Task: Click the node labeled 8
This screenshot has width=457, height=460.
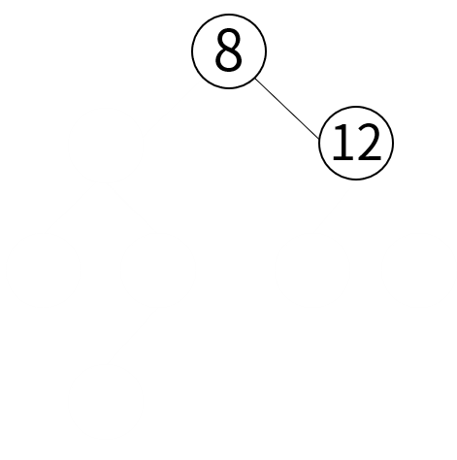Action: pos(229,51)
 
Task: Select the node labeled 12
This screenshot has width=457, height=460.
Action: pos(356,143)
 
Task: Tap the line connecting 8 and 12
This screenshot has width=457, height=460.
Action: pos(287,109)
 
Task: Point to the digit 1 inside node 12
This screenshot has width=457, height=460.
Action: pos(343,143)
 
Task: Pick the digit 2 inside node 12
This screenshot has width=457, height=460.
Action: pos(369,143)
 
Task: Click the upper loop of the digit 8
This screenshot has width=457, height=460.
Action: pos(229,39)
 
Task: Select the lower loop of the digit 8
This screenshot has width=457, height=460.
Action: pos(229,60)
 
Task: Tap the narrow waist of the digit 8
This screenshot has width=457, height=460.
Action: pos(229,49)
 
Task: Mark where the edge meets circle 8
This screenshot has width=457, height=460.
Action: pos(255,79)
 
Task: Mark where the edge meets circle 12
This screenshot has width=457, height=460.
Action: pos(319,139)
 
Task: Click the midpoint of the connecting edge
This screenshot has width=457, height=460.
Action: pos(287,109)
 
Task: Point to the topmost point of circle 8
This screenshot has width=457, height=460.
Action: pos(229,15)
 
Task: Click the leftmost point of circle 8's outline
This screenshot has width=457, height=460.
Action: pos(192,51)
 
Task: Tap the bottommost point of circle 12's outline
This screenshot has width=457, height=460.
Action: pos(356,180)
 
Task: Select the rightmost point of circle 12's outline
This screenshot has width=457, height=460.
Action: pos(393,143)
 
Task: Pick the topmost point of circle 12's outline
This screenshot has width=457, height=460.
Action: pos(356,106)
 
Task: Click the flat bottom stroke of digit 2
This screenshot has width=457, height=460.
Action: pos(369,158)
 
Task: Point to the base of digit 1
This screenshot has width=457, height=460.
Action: pos(343,158)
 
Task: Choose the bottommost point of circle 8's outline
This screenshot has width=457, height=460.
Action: pos(229,88)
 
